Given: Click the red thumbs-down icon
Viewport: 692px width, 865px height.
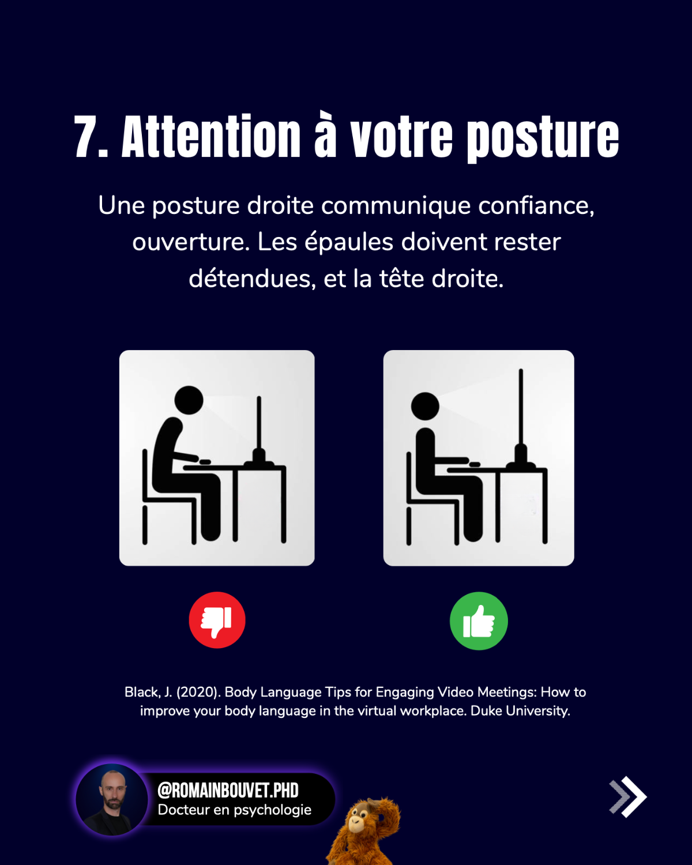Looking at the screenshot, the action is point(217,620).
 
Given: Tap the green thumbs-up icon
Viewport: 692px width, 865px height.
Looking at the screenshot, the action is point(479,620).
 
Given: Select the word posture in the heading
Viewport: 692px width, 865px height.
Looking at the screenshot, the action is point(543,138).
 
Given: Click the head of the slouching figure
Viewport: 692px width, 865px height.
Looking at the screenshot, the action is point(189,400).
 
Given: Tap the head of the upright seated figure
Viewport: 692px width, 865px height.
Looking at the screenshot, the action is point(425,406).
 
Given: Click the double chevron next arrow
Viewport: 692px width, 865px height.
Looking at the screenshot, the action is point(628,796).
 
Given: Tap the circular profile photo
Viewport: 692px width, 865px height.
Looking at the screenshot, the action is point(112,799).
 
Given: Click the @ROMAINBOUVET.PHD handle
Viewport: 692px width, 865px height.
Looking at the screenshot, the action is point(228,790).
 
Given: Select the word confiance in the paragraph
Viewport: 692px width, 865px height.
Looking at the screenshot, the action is point(536,206).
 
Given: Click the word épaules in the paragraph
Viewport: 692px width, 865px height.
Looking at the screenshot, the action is point(349,242).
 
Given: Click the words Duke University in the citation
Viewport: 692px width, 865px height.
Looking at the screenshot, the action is point(520,710).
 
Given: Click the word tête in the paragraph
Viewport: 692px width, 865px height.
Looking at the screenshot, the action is point(401,279).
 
